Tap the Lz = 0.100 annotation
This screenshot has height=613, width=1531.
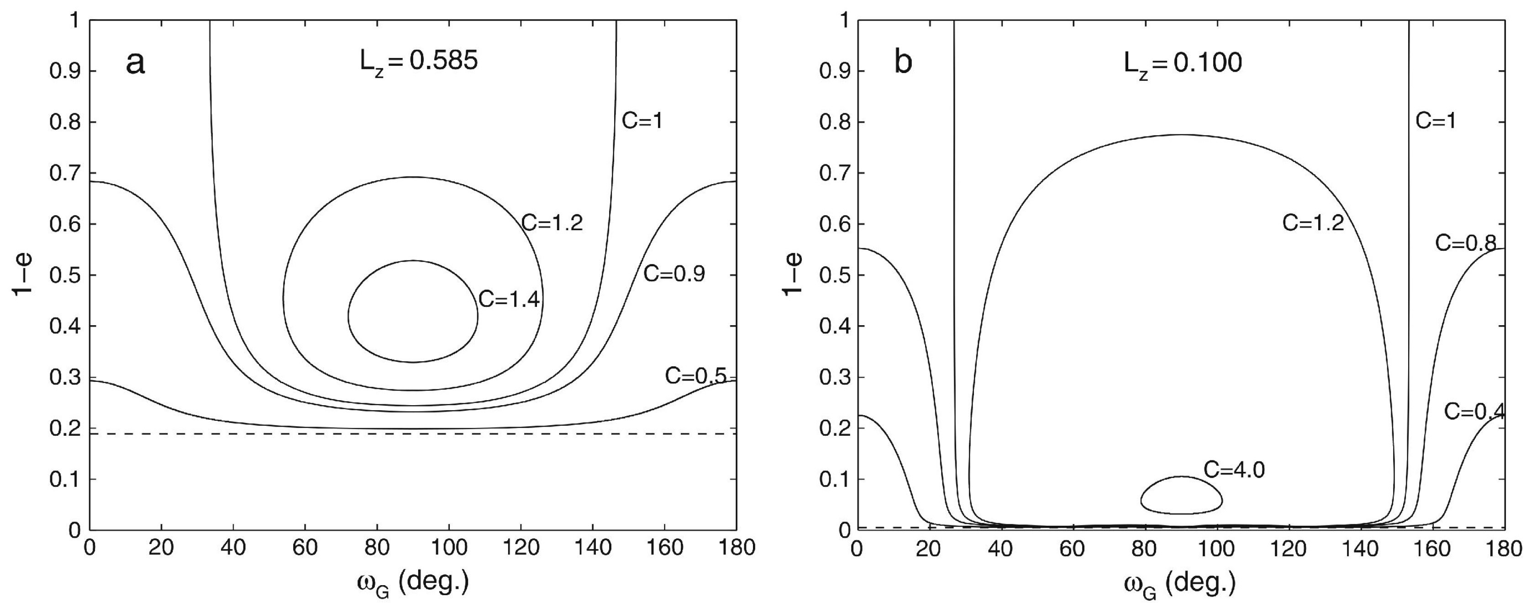point(1183,63)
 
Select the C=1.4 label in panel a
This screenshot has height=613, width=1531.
point(509,300)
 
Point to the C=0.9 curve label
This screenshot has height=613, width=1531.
point(674,274)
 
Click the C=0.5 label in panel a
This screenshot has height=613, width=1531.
point(695,376)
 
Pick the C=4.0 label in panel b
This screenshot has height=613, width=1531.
point(1234,470)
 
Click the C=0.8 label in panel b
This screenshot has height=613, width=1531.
point(1466,243)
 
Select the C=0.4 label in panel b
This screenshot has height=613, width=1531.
point(1474,411)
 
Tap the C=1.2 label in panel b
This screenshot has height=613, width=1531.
point(1313,223)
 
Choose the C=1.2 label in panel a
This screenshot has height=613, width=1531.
point(552,223)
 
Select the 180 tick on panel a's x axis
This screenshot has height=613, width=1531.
point(736,548)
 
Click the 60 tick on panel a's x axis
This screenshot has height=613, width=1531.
point(305,548)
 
